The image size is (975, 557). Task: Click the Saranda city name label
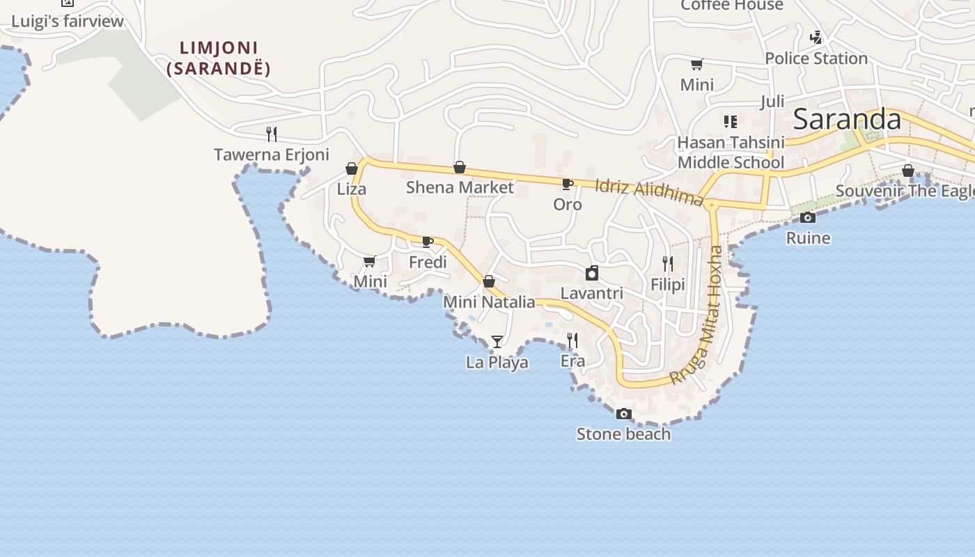[847, 119]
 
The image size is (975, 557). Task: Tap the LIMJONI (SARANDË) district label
[219, 58]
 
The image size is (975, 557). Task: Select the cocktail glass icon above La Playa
[497, 341]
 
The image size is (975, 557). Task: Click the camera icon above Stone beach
[623, 414]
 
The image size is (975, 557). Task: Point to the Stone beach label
[623, 434]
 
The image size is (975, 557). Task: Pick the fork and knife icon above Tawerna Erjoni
[272, 134]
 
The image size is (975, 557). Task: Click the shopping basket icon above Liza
[352, 168]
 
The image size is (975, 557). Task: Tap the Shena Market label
[460, 187]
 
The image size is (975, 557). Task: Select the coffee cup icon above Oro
[568, 185]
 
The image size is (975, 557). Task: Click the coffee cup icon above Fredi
[428, 242]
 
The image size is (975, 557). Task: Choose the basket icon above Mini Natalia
[489, 281]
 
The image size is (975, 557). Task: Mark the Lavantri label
[592, 293]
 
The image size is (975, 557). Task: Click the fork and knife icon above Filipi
[668, 263]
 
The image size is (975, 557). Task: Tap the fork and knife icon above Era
[572, 340]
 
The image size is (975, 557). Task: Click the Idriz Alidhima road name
[649, 192]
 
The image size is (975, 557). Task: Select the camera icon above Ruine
[808, 217]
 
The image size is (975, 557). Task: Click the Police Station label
[816, 58]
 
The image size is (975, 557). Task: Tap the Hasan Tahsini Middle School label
[731, 152]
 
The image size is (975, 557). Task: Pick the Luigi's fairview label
[68, 21]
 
